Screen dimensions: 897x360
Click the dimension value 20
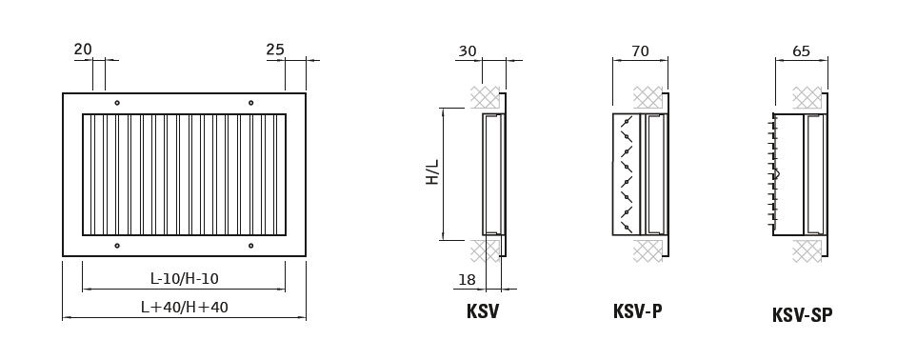coord(83,50)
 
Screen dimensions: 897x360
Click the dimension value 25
coord(275,50)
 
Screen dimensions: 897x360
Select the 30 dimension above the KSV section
coord(467,51)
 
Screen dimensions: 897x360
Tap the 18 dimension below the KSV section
coord(468,280)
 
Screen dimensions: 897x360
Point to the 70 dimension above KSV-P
coord(640,51)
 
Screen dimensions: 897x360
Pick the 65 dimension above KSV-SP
coord(802,51)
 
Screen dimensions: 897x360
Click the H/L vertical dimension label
coord(432,171)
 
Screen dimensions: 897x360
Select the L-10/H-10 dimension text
coord(184,279)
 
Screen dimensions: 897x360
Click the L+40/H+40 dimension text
coord(184,308)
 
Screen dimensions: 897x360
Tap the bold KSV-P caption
coord(637,312)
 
